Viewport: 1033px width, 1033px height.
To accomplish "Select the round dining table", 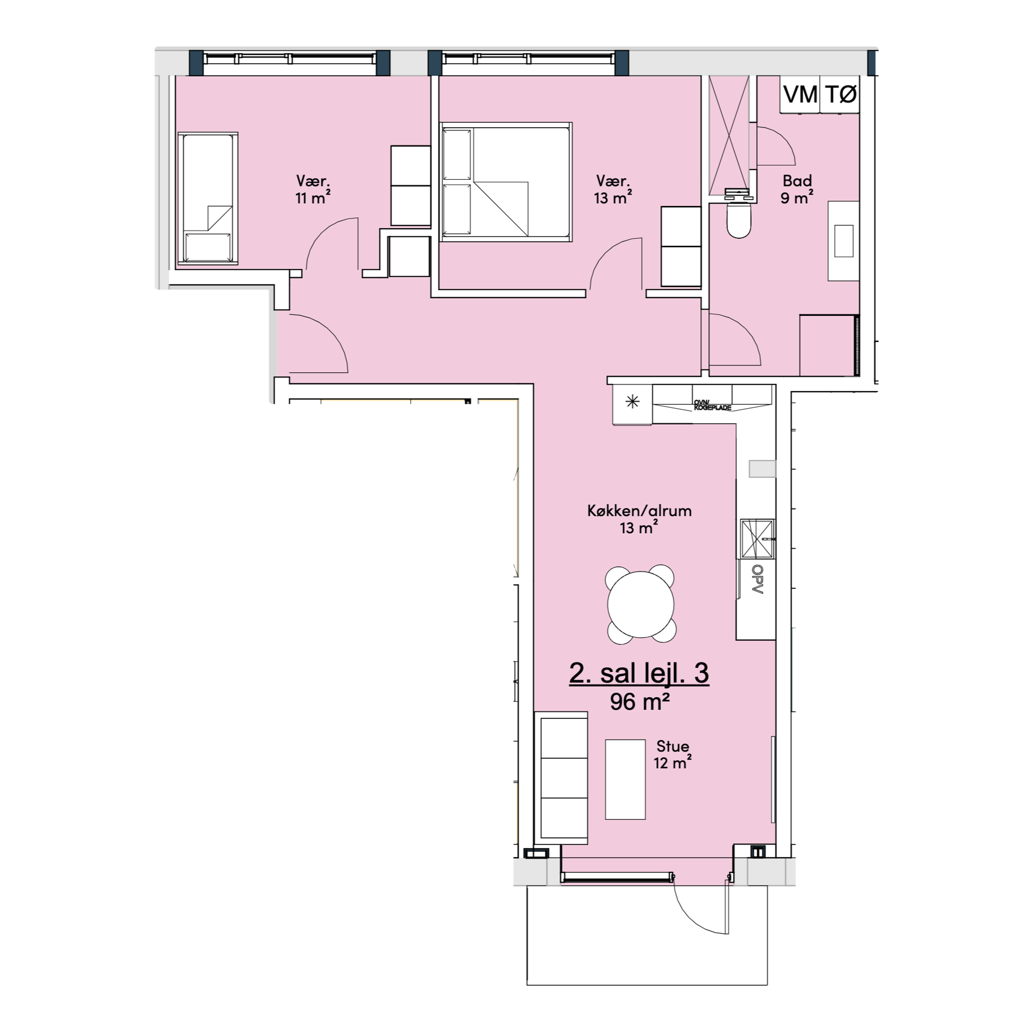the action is point(641,604).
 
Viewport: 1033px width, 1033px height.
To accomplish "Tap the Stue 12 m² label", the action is point(673,754).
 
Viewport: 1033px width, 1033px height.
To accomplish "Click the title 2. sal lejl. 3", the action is point(639,673).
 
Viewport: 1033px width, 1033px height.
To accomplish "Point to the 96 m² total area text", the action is point(640,702).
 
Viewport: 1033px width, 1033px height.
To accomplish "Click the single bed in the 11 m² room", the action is point(207,198).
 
